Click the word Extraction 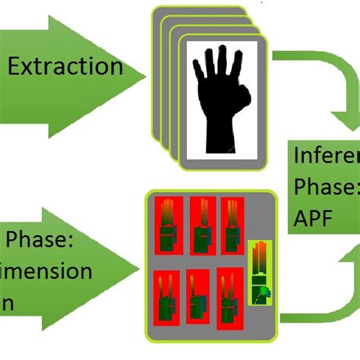point(65,66)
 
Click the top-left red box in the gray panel point(166,225)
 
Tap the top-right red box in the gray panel point(232,225)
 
